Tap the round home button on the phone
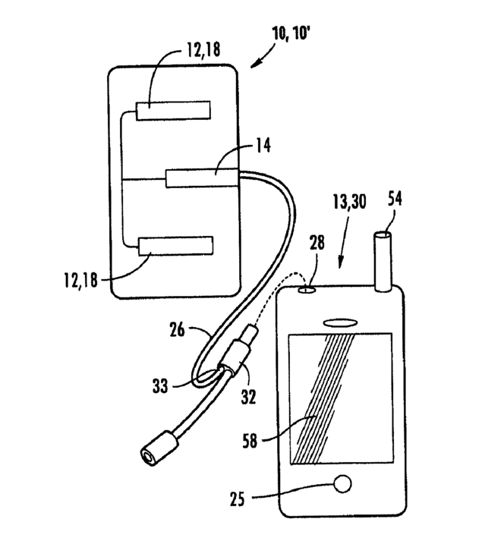point(342,483)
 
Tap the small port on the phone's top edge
point(307,289)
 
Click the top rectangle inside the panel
point(173,111)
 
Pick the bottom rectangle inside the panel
point(175,246)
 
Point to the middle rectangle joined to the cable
point(201,178)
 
